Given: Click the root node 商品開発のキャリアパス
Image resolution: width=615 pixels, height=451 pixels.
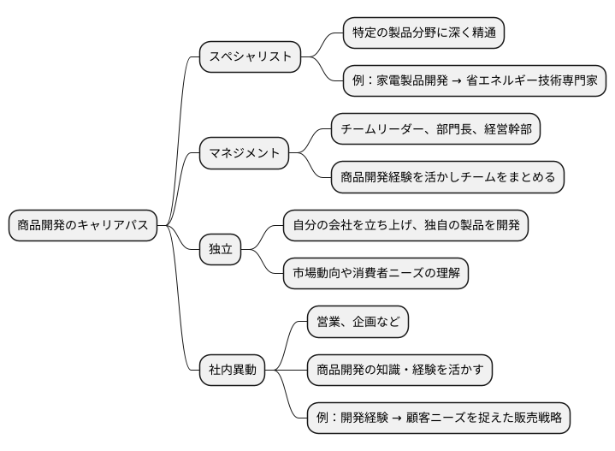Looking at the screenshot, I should (82, 226).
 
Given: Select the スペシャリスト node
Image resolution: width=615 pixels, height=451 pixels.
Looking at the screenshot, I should (251, 57).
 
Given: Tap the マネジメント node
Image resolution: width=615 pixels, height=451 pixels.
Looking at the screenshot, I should (245, 153).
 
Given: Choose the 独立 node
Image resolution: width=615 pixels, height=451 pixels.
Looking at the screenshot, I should (221, 250).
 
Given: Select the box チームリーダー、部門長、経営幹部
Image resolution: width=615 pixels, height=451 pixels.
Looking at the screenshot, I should (435, 129).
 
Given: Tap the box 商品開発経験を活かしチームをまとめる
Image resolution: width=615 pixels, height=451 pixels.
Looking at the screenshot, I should (447, 177).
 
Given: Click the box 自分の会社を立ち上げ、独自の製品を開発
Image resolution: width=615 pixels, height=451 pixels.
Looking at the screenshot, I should (405, 226).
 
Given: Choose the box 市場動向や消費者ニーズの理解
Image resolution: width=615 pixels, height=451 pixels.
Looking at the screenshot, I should (376, 274).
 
